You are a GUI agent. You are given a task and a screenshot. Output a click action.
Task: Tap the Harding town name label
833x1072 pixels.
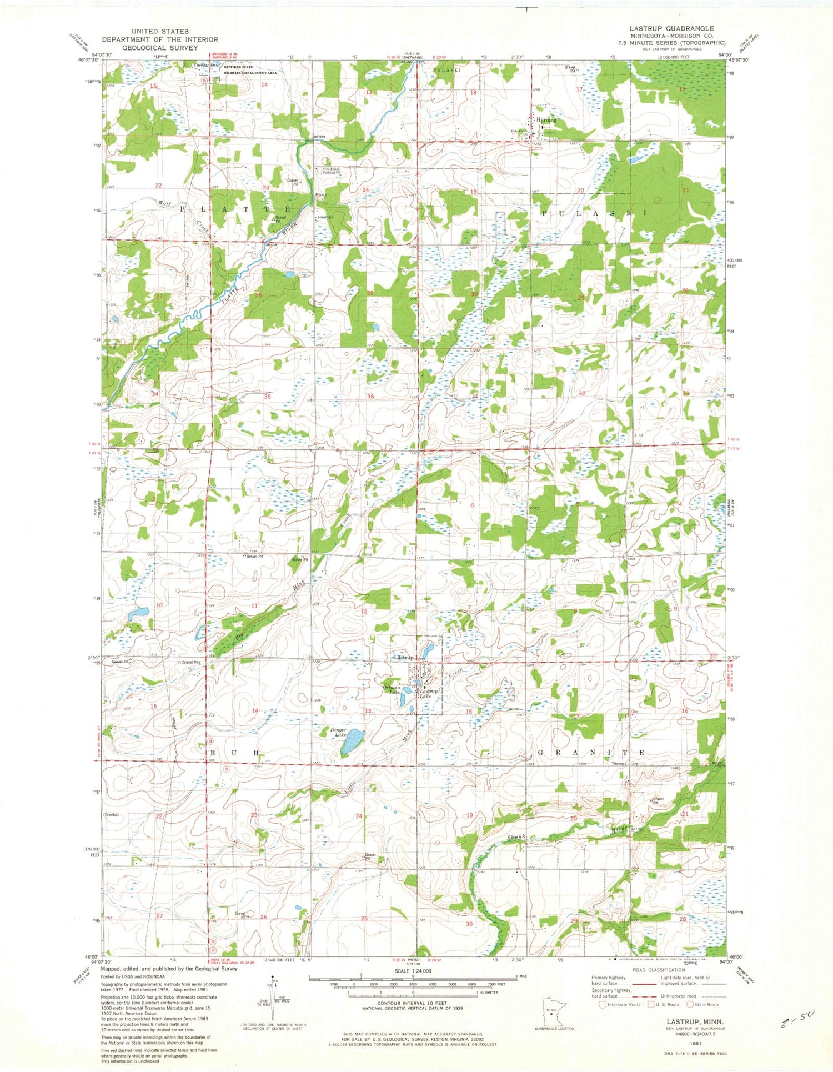click(545, 119)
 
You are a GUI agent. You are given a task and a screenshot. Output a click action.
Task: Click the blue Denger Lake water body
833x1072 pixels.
click(353, 742)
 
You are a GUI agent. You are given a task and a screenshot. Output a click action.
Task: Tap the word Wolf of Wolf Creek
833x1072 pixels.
click(164, 203)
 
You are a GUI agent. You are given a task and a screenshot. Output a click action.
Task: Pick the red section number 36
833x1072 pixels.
click(370, 396)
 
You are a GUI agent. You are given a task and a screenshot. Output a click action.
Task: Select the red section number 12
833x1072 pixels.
click(364, 611)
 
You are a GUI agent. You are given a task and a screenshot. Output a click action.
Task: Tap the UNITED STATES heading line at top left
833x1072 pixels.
click(160, 31)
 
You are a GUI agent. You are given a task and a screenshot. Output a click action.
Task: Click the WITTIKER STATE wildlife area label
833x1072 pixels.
click(238, 67)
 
